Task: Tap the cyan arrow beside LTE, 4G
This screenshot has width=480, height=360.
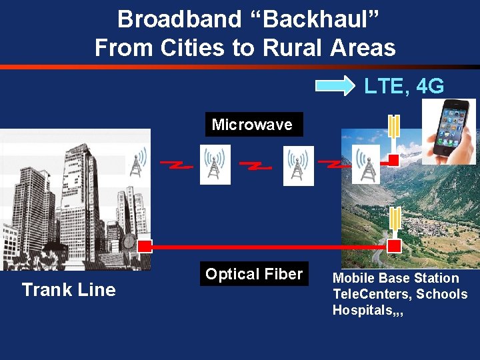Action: pyautogui.click(x=335, y=85)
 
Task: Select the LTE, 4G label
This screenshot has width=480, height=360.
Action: pyautogui.click(x=403, y=86)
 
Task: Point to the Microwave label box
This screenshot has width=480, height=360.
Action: pyautogui.click(x=253, y=124)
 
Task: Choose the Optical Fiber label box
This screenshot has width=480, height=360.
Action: pyautogui.click(x=254, y=274)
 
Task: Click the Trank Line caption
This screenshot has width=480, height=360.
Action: pyautogui.click(x=69, y=289)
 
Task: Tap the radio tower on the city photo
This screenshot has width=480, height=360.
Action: pyautogui.click(x=137, y=162)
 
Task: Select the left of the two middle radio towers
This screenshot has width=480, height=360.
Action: pyautogui.click(x=215, y=165)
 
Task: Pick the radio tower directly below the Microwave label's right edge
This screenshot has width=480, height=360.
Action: pyautogui.click(x=298, y=165)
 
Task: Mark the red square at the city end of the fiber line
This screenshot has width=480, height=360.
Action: pyautogui.click(x=145, y=245)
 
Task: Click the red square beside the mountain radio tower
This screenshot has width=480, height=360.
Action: pyautogui.click(x=393, y=159)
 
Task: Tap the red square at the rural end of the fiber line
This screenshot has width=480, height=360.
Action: pyautogui.click(x=394, y=246)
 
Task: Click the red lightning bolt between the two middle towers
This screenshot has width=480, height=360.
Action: pyautogui.click(x=255, y=165)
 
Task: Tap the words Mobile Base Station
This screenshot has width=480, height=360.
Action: pyautogui.click(x=396, y=278)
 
